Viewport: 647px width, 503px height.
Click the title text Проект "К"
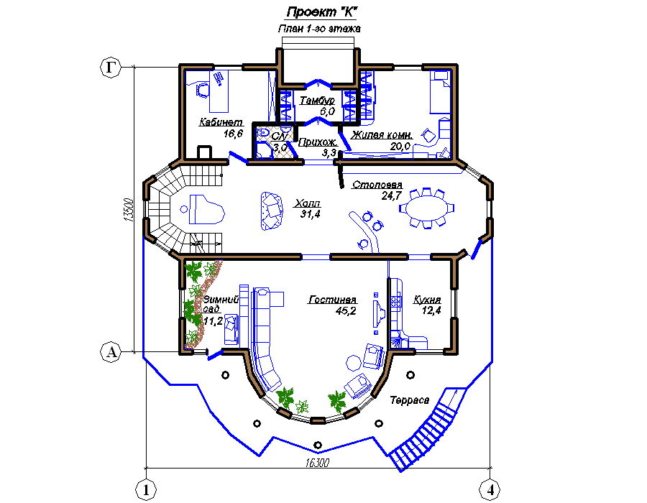[321, 12]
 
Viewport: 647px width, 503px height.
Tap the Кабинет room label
[221, 122]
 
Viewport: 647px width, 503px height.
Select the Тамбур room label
[317, 100]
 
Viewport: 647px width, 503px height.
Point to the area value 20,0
[400, 146]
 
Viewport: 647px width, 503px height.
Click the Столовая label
[377, 185]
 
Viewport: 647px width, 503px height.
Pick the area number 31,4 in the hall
[311, 214]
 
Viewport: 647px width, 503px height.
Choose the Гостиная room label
[333, 300]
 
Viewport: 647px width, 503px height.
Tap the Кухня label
[427, 300]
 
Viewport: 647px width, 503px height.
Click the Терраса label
[409, 400]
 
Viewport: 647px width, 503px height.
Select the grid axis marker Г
[111, 67]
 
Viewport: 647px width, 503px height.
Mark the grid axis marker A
[111, 352]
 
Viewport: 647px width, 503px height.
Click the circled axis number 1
[146, 490]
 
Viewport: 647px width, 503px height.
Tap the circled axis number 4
[490, 490]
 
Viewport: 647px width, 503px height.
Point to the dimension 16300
[317, 463]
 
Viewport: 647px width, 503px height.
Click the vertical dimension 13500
[129, 211]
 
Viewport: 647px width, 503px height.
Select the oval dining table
[426, 208]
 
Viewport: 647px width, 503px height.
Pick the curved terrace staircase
[427, 429]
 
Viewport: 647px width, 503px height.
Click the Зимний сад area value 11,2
[213, 321]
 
